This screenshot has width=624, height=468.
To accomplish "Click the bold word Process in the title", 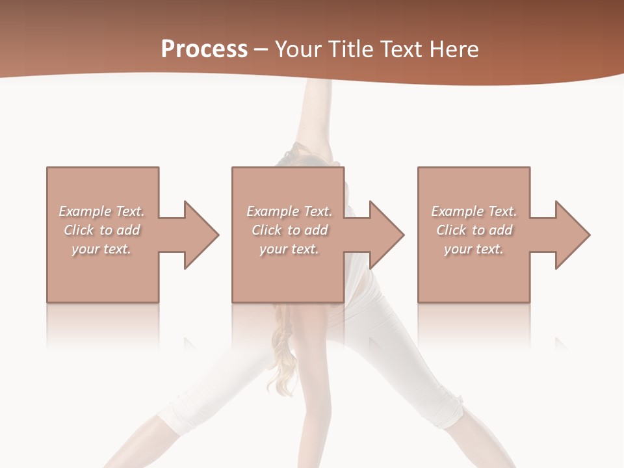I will [204, 49].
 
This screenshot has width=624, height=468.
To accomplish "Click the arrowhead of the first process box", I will [199, 235].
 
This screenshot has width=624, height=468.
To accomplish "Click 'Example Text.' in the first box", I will [101, 211].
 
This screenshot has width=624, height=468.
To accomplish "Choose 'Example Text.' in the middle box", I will [289, 211].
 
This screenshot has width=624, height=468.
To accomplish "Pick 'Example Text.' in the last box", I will [474, 211].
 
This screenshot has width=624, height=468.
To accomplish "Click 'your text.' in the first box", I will [101, 249].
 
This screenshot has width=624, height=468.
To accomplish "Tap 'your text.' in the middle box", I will [289, 249].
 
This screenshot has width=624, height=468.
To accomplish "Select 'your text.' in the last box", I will [474, 249].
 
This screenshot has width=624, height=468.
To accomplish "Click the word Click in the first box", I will [79, 230].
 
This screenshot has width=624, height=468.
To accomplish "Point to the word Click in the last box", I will [452, 230].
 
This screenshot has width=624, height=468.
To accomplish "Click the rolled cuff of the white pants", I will [450, 409].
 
